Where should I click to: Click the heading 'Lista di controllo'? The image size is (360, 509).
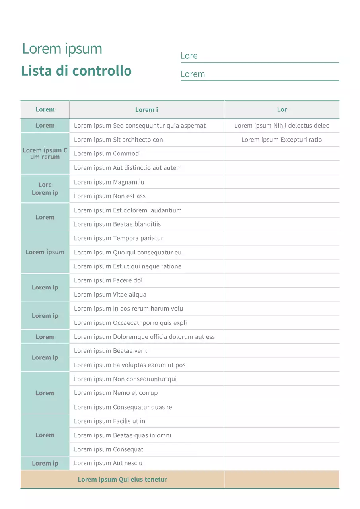coord(76,71)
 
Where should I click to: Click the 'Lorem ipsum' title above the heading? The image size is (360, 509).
coord(62,49)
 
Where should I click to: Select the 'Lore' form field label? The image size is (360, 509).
coord(189,56)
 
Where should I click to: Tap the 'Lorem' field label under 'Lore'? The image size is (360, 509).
coord(193,74)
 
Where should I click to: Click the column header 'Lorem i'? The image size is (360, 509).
coord(146,110)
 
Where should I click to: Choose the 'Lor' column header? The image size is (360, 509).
coord(282,109)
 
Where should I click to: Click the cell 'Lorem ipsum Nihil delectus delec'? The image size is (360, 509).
coord(282,126)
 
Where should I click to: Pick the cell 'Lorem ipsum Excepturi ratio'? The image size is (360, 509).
coord(282,140)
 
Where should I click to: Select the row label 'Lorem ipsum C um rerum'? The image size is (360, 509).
coord(45,153)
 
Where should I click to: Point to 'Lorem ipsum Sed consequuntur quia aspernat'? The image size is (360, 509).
coord(140,126)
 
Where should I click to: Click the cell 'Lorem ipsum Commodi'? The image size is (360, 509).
coord(107,153)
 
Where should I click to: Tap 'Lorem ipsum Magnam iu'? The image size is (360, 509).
coord(109,182)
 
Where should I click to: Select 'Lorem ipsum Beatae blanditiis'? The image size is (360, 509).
coord(117,224)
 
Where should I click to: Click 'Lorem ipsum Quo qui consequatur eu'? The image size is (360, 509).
coord(127,253)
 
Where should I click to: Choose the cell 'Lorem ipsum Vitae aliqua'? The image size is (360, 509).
coord(110,295)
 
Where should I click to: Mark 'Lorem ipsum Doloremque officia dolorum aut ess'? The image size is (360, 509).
coord(144,337)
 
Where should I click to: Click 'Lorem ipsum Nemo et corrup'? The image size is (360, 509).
coord(115,393)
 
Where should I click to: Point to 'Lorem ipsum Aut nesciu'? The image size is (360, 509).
coord(108,463)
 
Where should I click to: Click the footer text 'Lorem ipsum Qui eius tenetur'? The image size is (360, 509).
coord(122,480)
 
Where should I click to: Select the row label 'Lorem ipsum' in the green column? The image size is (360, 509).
coord(45,252)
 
